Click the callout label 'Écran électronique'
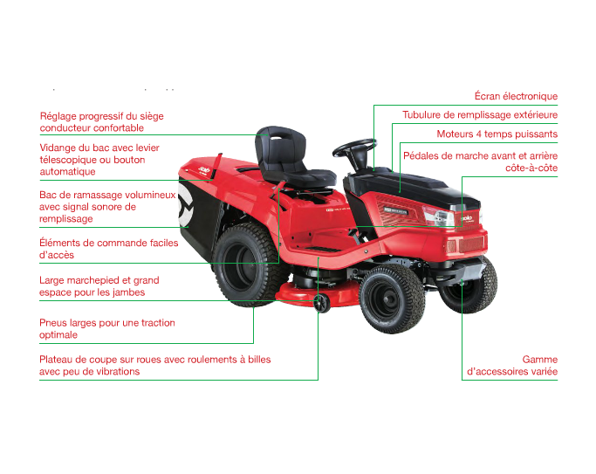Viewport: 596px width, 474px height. click(516, 96)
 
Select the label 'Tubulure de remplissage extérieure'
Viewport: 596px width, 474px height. click(480, 115)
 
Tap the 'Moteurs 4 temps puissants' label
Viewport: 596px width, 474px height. click(497, 134)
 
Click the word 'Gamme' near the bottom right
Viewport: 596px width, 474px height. click(540, 359)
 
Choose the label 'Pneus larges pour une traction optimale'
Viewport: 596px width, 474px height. click(106, 328)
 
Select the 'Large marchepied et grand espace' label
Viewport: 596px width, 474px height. click(99, 286)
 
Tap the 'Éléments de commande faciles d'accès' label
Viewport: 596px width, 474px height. click(109, 249)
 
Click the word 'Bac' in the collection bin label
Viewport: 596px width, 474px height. click(47, 195)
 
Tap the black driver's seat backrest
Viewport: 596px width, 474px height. click(282, 148)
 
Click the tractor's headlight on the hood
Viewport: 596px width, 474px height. click(438, 216)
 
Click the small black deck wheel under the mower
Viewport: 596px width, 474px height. click(322, 304)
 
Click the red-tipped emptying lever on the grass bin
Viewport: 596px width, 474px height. click(216, 166)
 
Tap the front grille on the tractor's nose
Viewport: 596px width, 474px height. click(466, 244)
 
